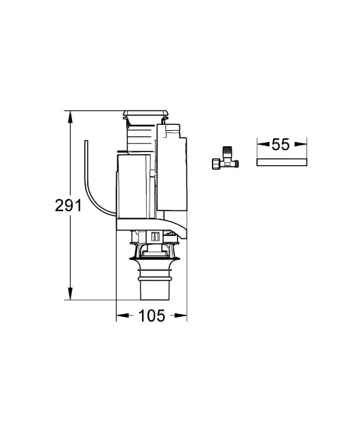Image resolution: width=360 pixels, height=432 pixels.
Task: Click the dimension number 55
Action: tap(280, 145)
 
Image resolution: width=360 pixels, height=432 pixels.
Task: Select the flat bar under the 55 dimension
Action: tap(280, 162)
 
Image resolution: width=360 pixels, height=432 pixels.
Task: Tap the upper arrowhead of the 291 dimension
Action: tap(69, 115)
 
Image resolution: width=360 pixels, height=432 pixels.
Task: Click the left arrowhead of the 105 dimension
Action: tap(120, 316)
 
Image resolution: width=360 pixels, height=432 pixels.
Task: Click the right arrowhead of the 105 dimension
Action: tap(182, 316)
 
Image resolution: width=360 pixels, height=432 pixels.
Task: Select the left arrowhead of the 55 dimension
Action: tap(261, 145)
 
